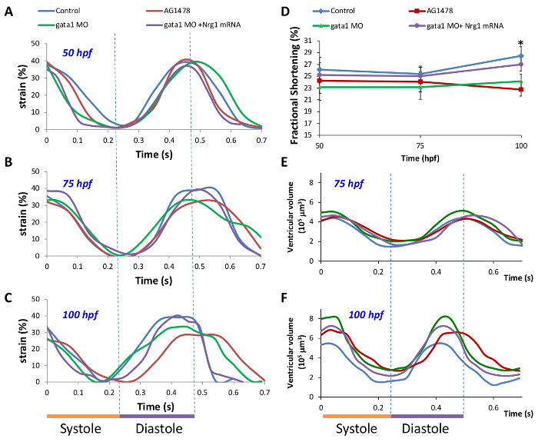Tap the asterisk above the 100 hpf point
tap(521, 44)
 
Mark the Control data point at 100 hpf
tap(521, 56)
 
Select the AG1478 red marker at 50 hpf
tap(319, 80)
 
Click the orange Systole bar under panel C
tap(83, 416)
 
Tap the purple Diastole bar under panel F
tap(427, 416)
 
